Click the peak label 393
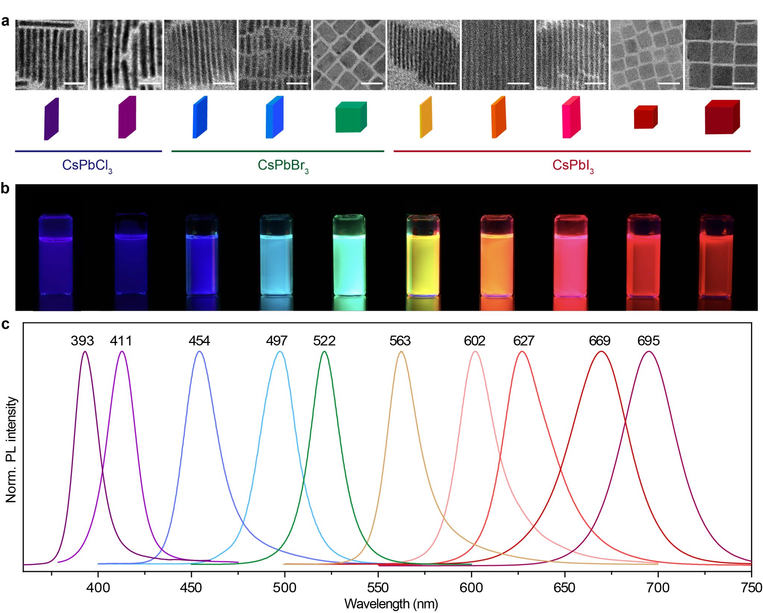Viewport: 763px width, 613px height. click(x=82, y=341)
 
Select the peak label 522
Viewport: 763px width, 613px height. click(x=324, y=341)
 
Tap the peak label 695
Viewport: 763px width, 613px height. click(x=648, y=341)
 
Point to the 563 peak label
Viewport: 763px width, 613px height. click(x=400, y=341)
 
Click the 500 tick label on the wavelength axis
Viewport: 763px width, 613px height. click(x=285, y=588)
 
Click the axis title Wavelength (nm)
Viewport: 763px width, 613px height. click(x=391, y=603)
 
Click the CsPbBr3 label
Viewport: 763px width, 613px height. click(x=283, y=165)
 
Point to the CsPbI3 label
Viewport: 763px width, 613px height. click(x=573, y=165)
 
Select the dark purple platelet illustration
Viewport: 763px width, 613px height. click(x=51, y=119)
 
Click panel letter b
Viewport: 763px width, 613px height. click(x=5, y=189)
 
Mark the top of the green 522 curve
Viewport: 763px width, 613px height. click(x=324, y=351)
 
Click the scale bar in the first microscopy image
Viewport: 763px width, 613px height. click(x=75, y=83)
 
